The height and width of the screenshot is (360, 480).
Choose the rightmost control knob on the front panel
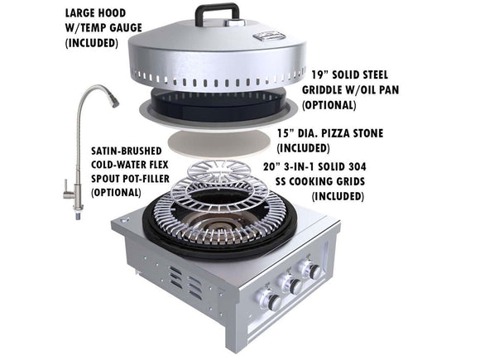[314, 271]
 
